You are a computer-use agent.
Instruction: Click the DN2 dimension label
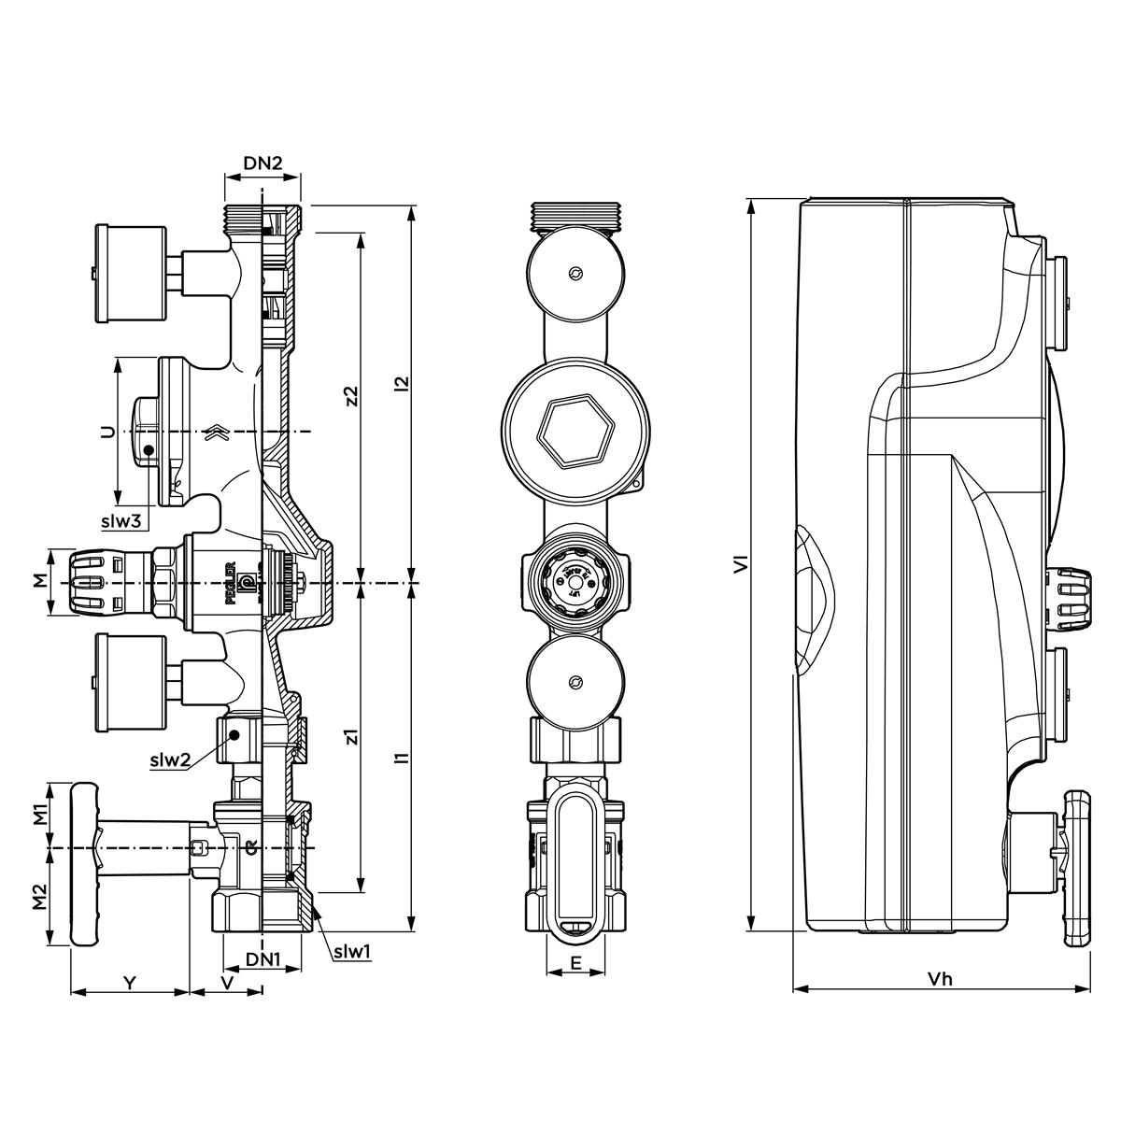click(x=263, y=163)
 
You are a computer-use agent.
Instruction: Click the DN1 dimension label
click(x=263, y=959)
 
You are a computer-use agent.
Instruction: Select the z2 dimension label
click(x=350, y=395)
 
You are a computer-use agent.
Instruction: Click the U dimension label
click(x=107, y=432)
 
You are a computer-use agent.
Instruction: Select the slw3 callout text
click(x=122, y=521)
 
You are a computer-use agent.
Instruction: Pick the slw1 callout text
click(x=353, y=952)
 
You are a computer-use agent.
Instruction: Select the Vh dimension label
click(x=940, y=979)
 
